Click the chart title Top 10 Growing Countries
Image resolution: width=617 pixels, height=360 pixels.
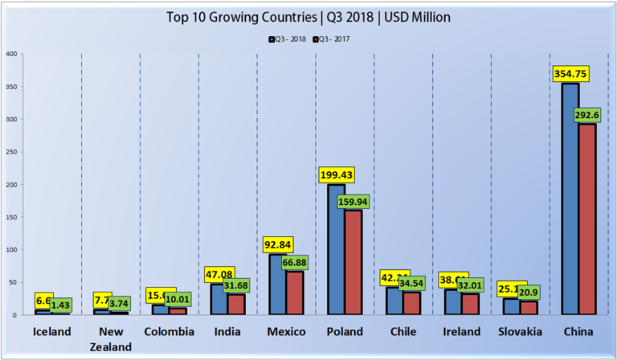[308, 16]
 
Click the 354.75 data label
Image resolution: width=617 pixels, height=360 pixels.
[570, 73]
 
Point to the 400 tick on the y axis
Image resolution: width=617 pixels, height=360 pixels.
[11, 54]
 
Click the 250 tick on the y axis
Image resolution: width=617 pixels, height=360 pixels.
[11, 152]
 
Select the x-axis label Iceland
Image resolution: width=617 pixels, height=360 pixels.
[51, 331]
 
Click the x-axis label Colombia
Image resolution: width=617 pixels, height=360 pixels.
[169, 331]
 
